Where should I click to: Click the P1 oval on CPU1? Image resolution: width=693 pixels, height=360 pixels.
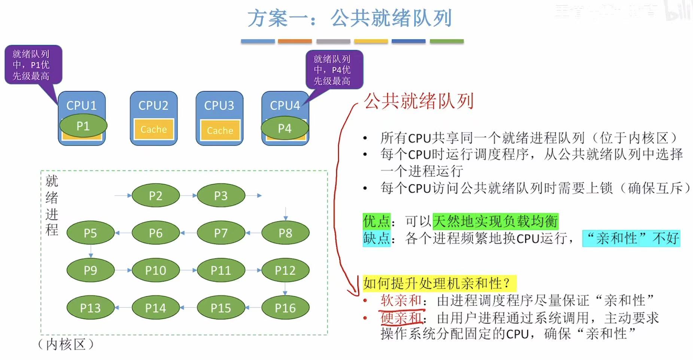(x=83, y=126)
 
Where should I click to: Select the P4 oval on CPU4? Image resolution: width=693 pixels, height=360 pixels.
(x=285, y=128)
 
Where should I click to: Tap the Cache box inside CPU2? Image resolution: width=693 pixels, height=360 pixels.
(x=154, y=129)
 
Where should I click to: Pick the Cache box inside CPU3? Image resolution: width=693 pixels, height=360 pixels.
(x=220, y=130)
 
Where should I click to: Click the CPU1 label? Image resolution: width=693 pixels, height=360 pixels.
(x=81, y=105)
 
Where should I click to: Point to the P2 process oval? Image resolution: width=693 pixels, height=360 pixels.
(x=155, y=196)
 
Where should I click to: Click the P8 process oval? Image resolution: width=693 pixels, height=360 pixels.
(x=285, y=233)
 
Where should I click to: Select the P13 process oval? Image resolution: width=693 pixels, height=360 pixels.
(x=90, y=308)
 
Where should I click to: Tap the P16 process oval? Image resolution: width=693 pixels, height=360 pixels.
(x=285, y=308)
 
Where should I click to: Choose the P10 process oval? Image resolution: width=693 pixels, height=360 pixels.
(x=155, y=270)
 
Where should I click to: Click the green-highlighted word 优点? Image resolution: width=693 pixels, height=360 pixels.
(x=376, y=221)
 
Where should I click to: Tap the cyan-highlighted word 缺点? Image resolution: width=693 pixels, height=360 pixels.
(x=376, y=238)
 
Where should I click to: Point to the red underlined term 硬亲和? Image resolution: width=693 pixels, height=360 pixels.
(x=401, y=318)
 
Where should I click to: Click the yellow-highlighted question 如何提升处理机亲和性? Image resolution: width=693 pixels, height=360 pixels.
(x=438, y=283)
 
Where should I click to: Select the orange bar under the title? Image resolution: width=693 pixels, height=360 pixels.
(x=295, y=41)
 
